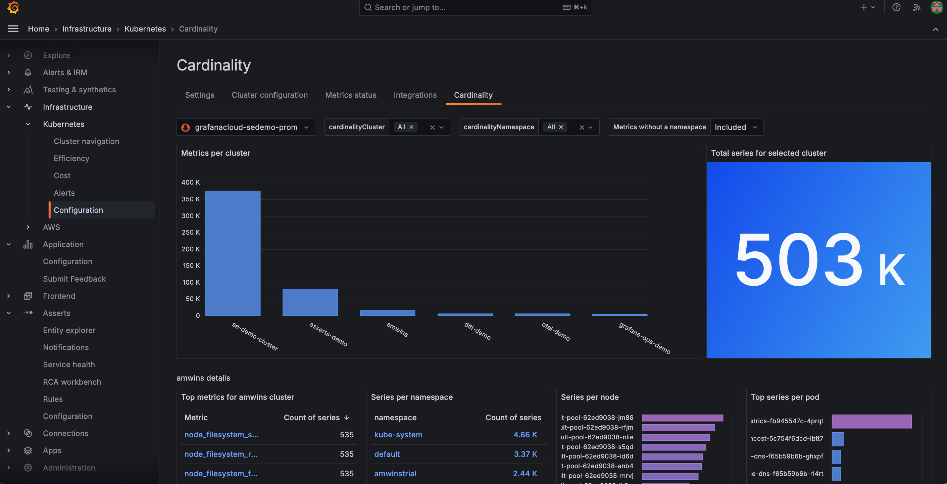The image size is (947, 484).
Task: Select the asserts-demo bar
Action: (x=310, y=302)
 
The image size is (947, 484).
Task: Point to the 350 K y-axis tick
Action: (x=190, y=199)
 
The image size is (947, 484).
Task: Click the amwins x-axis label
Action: (x=397, y=330)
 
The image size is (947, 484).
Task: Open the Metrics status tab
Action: (x=350, y=95)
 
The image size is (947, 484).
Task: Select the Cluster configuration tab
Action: (x=269, y=95)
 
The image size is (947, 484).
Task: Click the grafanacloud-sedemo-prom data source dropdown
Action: (x=245, y=127)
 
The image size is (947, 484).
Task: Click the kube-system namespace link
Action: (x=398, y=435)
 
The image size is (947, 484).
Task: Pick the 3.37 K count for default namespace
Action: (x=525, y=454)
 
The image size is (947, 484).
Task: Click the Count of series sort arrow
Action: (x=347, y=418)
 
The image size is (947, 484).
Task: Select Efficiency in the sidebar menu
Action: (x=71, y=158)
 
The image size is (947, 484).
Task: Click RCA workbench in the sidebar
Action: (x=72, y=382)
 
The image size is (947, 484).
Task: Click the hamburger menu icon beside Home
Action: (x=13, y=29)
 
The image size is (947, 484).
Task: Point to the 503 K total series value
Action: (x=818, y=260)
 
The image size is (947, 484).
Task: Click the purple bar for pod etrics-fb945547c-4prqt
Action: (x=871, y=422)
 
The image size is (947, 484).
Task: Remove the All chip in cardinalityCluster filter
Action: (x=411, y=127)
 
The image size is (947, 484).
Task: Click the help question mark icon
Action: (x=896, y=7)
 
